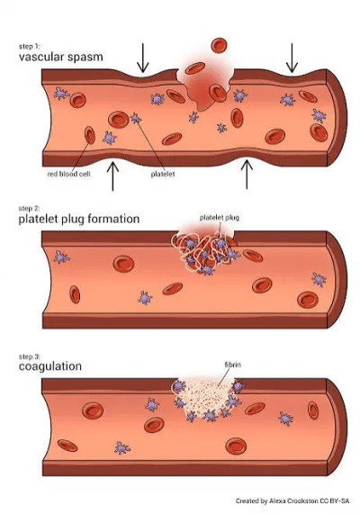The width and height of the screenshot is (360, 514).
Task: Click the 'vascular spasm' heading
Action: [60, 57]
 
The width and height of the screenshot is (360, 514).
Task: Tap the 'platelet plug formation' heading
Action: [79, 219]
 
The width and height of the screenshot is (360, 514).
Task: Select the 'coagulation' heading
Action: [50, 366]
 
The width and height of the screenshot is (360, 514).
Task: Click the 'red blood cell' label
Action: [68, 174]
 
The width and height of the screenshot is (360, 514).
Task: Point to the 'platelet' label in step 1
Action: [163, 174]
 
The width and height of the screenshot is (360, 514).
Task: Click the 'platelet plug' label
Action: [220, 218]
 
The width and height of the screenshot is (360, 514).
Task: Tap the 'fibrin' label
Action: [233, 365]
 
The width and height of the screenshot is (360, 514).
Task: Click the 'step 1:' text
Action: [29, 46]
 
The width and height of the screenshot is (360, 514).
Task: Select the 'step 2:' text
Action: [29, 208]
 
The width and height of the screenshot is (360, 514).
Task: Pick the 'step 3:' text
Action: [29, 356]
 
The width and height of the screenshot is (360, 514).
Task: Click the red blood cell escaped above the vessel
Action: [220, 45]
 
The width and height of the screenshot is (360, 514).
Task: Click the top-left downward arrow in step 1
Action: [142, 58]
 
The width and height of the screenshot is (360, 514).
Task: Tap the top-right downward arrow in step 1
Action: [292, 58]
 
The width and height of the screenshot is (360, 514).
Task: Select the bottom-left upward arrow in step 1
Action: [112, 176]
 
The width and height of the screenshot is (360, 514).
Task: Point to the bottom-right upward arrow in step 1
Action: [247, 175]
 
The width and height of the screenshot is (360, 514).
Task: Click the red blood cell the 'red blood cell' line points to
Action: [90, 135]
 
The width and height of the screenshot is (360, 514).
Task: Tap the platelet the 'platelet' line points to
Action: [136, 118]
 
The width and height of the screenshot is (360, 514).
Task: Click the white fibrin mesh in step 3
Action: [205, 396]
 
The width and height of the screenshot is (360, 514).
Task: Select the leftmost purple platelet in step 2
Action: [61, 257]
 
